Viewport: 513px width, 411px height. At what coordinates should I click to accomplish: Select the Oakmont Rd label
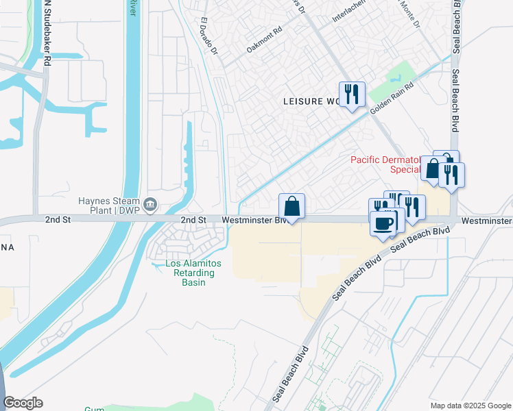265,40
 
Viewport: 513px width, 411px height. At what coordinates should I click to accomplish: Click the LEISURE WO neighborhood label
312,101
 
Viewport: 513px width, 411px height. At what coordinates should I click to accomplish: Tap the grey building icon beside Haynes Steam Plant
151,203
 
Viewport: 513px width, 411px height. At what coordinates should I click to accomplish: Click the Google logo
23,403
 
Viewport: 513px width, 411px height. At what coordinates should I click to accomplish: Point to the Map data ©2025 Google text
470,406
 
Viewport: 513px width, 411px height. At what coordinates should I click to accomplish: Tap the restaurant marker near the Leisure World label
352,94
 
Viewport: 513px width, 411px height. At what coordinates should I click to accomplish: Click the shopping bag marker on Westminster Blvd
291,206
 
